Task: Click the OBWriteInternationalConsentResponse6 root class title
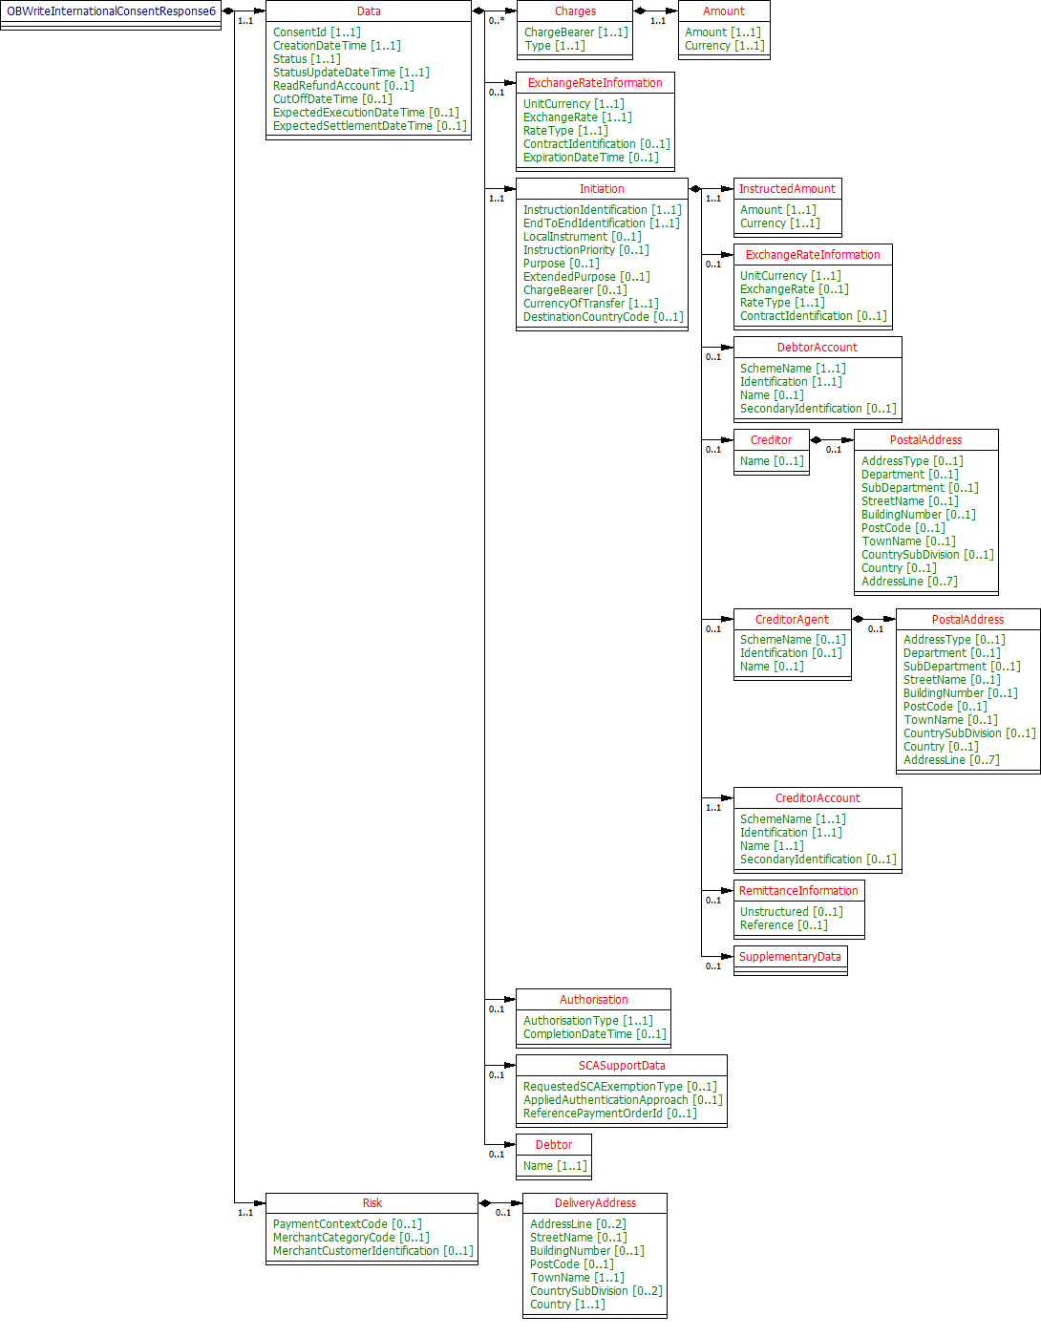tap(111, 11)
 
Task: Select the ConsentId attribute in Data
tap(316, 32)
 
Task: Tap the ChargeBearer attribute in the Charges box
tap(576, 32)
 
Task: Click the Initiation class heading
tap(602, 189)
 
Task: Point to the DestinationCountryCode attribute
tap(603, 317)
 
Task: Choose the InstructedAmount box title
tap(787, 189)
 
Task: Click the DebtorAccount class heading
tap(817, 348)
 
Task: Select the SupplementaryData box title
tap(790, 957)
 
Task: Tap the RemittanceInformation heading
tap(798, 891)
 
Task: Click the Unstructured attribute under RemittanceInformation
tap(791, 912)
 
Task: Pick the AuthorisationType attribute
tap(587, 1021)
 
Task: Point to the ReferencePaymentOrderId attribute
tap(609, 1114)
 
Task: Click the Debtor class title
tap(554, 1145)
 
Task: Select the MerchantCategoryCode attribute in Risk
tap(351, 1238)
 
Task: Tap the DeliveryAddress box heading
tap(595, 1203)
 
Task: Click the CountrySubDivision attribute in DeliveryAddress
tap(596, 1291)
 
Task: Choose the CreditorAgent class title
tap(792, 620)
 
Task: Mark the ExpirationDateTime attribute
tap(590, 158)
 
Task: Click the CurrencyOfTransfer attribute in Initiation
tap(590, 304)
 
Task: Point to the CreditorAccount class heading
tap(818, 798)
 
